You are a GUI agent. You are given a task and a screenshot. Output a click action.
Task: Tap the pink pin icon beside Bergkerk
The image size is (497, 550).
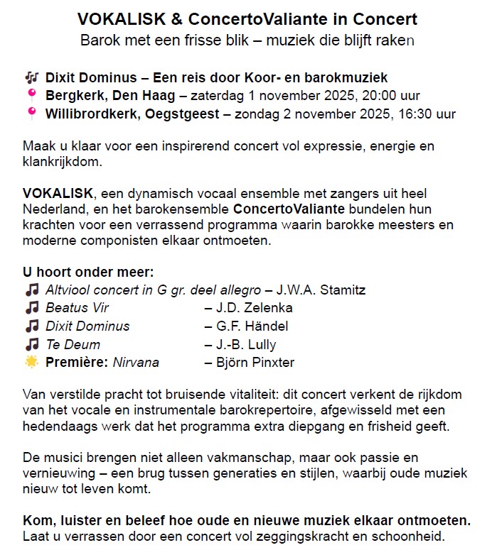coord(31,96)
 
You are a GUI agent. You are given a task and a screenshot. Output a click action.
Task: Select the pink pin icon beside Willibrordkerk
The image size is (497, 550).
coord(31,114)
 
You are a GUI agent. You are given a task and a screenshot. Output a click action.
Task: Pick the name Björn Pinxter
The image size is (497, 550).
coord(254,363)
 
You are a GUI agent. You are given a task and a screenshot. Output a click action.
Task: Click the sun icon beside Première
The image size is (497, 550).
coord(31,363)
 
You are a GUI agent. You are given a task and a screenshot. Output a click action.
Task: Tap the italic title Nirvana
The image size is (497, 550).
coord(137,363)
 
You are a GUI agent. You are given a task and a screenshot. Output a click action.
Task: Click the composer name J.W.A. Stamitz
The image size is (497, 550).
coord(321,290)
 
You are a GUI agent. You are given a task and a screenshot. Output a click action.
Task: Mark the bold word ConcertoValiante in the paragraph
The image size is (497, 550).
coord(289,210)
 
